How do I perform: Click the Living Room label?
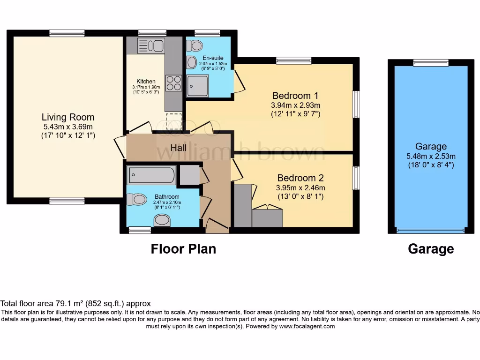67,117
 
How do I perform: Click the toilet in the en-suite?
195,45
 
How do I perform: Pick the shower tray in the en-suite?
197,86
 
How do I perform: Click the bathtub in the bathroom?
151,176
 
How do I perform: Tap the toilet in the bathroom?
136,200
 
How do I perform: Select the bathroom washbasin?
162,220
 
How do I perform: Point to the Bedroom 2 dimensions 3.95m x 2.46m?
300,187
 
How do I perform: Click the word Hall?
179,148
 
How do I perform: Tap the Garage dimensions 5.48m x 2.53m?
431,156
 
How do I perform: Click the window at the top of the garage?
431,62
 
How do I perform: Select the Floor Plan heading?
183,248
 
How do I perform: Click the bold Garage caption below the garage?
431,249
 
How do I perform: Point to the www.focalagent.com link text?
307,326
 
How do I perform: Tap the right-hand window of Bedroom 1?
356,104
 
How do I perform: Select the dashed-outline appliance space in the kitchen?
173,121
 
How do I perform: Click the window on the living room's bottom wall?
67,201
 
